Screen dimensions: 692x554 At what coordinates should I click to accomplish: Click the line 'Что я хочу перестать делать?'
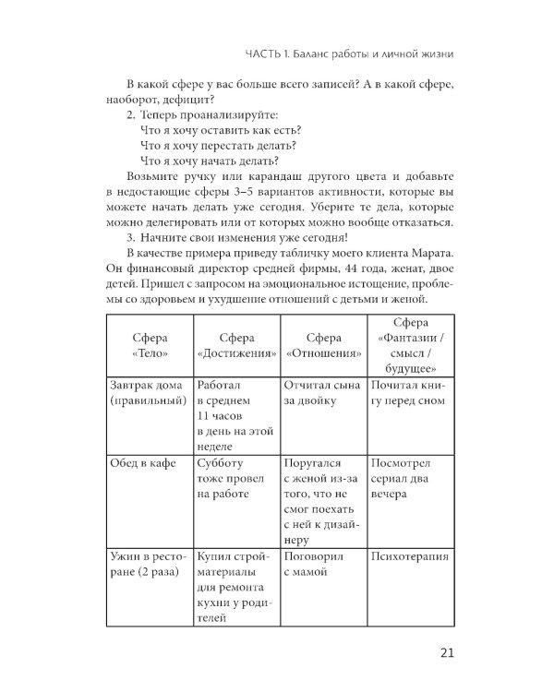click(218, 145)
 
